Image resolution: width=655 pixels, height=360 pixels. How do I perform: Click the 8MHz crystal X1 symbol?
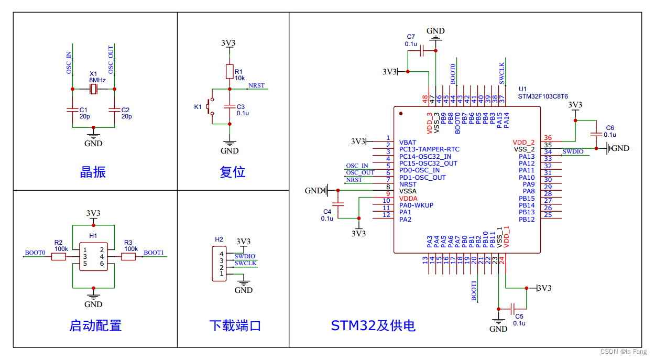[x=93, y=90]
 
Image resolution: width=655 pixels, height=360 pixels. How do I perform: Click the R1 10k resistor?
[x=230, y=71]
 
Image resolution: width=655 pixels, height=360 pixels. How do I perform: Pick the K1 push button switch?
[x=210, y=107]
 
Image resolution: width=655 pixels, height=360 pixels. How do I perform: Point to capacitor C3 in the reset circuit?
[x=230, y=106]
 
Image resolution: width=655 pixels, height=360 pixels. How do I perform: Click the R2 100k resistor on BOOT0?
[x=59, y=256]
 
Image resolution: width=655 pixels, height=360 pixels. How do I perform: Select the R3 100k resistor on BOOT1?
[x=128, y=256]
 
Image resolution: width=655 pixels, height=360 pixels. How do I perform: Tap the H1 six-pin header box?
[x=93, y=257]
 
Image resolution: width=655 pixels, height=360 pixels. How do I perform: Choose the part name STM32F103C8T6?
[x=543, y=96]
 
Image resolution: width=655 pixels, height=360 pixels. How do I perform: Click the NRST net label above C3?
[x=257, y=85]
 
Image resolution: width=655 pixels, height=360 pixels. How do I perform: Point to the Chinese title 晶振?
[x=93, y=172]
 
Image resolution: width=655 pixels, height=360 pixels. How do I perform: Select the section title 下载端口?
[x=235, y=325]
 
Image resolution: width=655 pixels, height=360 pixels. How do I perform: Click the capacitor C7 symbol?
[x=423, y=51]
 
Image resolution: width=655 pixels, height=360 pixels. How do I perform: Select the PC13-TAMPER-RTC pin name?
[x=429, y=149]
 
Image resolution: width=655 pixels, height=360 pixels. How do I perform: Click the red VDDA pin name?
[x=408, y=199]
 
